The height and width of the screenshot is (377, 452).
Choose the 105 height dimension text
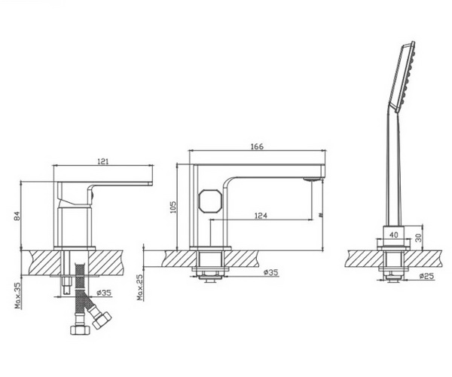pos(172,207)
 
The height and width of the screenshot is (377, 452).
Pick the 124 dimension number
pos(261,217)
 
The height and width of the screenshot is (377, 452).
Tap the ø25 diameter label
pos(426,277)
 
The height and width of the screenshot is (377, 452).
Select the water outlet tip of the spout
pos(311,179)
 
